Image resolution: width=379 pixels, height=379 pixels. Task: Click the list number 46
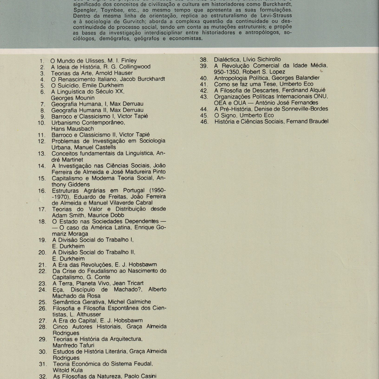[204, 122]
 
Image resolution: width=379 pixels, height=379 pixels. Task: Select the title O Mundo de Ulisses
[77, 61]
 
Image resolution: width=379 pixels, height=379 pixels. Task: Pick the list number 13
[42, 153]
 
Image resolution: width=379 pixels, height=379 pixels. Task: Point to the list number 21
[43, 264]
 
